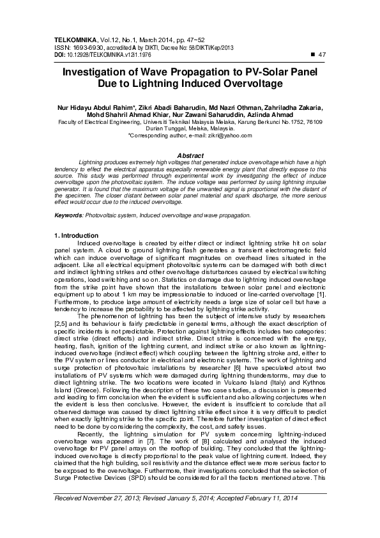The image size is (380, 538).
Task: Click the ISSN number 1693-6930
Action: pyautogui.click(x=88, y=47)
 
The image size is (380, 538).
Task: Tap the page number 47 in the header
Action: pyautogui.click(x=321, y=54)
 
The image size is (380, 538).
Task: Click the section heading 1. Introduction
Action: pyautogui.click(x=77, y=236)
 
